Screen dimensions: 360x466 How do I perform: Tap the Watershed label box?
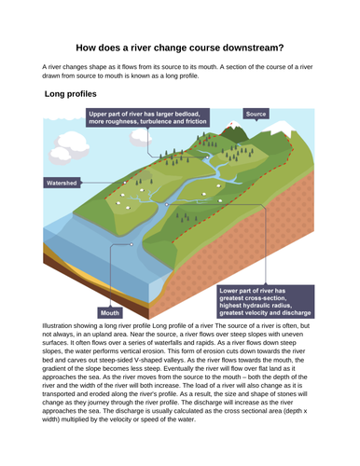click(x=62, y=184)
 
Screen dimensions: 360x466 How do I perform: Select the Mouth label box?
click(x=110, y=312)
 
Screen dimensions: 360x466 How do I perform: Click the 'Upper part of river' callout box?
click(x=149, y=117)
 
